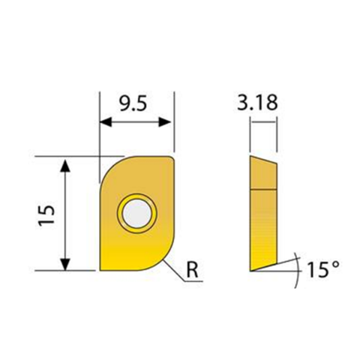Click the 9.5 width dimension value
(x=136, y=103)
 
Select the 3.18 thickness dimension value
(x=262, y=103)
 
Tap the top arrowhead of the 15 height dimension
(x=66, y=163)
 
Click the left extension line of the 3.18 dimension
(x=250, y=135)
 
